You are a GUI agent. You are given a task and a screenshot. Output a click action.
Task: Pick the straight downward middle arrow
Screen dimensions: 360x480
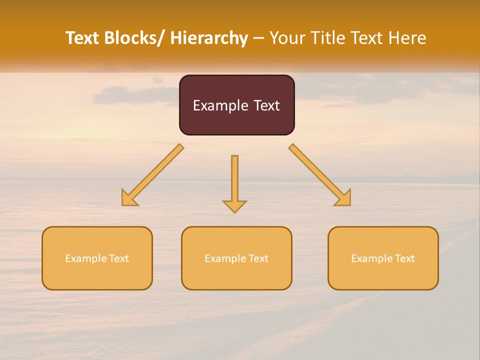point(234,180)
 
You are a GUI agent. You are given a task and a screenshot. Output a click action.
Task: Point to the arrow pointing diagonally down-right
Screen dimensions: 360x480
point(320,175)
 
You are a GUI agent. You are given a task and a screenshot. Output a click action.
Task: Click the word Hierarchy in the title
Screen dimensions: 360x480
point(209,38)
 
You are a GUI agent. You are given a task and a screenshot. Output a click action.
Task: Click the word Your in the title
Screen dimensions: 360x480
point(287,38)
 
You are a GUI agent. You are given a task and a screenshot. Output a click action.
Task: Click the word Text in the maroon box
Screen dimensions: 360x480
point(266,105)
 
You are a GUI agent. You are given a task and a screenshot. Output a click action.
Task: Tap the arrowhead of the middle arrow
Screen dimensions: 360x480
point(234,206)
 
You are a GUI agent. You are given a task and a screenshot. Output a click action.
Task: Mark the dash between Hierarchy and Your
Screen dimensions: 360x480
point(258,38)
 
